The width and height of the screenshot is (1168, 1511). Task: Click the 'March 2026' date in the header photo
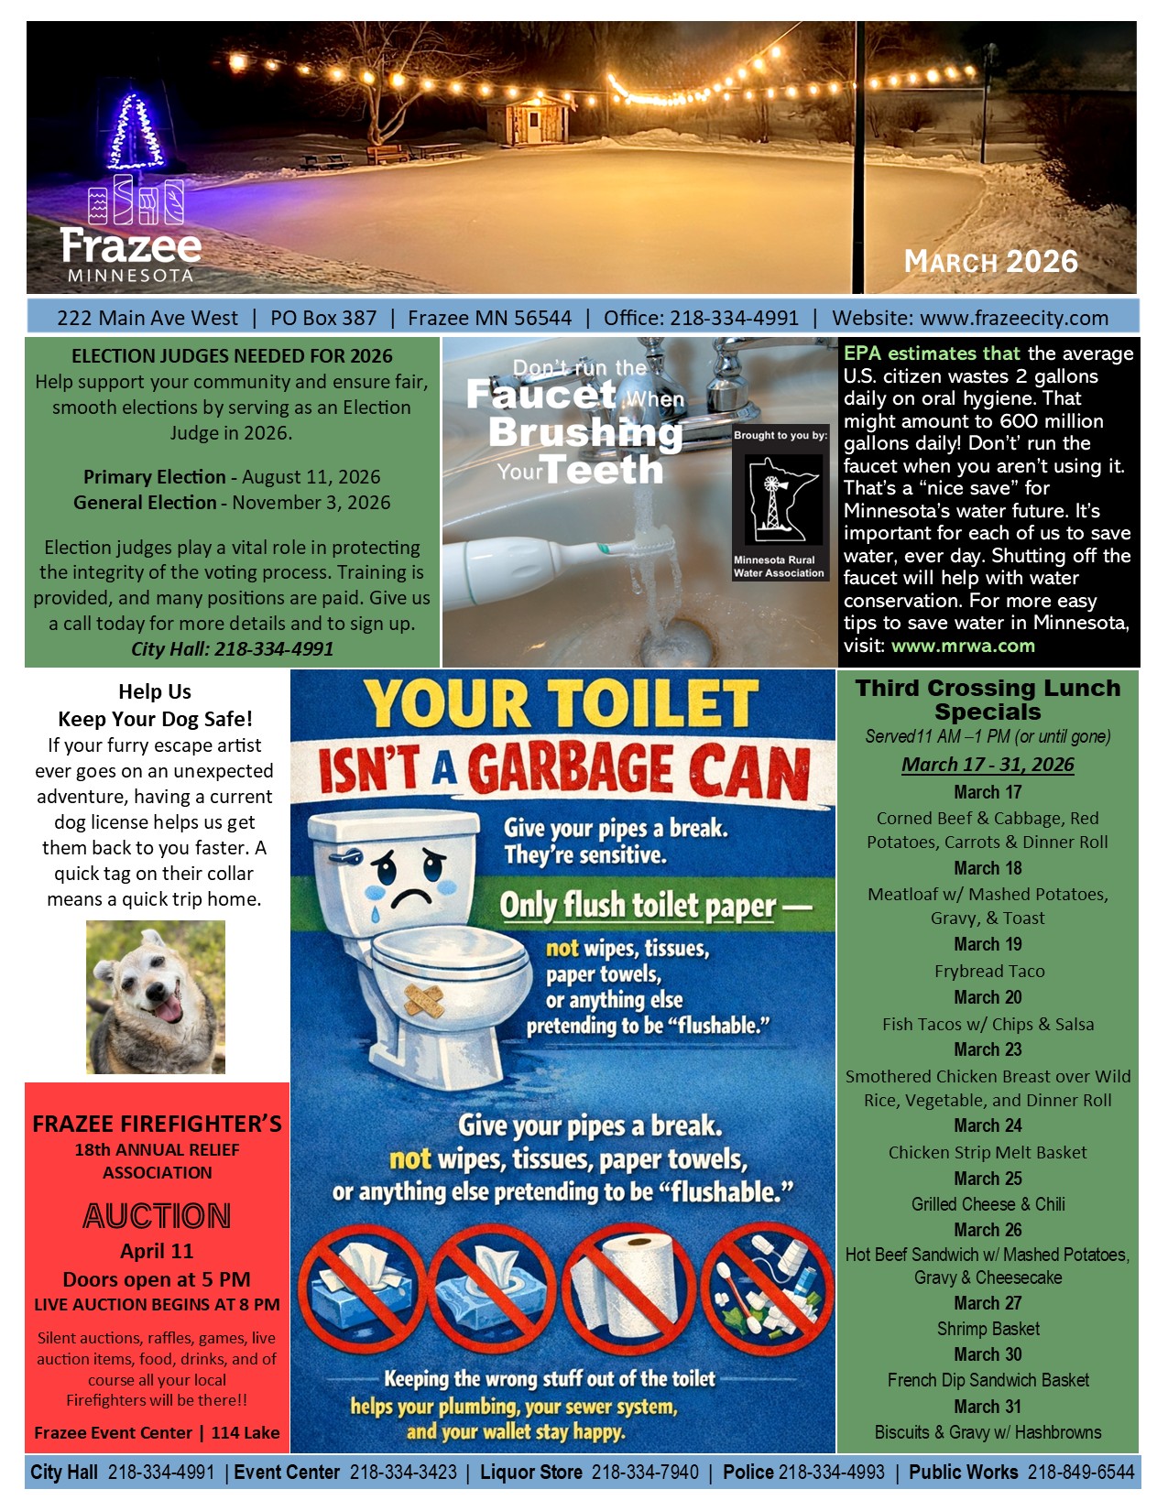click(x=991, y=262)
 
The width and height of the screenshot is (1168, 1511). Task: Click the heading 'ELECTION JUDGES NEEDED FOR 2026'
click(x=232, y=356)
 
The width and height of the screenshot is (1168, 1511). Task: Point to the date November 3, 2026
click(x=311, y=503)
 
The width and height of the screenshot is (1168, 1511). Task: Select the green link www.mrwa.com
click(x=963, y=646)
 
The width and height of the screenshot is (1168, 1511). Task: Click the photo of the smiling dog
click(x=156, y=997)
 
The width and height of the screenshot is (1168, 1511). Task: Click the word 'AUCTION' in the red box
click(x=157, y=1216)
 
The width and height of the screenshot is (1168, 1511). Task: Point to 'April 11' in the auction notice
click(x=157, y=1251)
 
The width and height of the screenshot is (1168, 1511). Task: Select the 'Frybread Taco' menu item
click(x=989, y=971)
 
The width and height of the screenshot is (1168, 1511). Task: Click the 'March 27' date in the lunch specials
click(x=988, y=1303)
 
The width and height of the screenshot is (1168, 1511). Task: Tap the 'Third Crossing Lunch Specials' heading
click(x=988, y=700)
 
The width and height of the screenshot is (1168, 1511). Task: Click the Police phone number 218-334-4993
click(x=831, y=1473)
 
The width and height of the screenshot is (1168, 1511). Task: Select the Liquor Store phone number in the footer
click(x=645, y=1473)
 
